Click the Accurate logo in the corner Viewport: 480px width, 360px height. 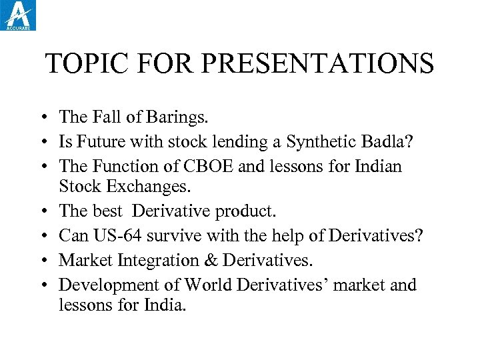coord(19,15)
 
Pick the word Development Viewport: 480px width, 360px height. coord(111,285)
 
